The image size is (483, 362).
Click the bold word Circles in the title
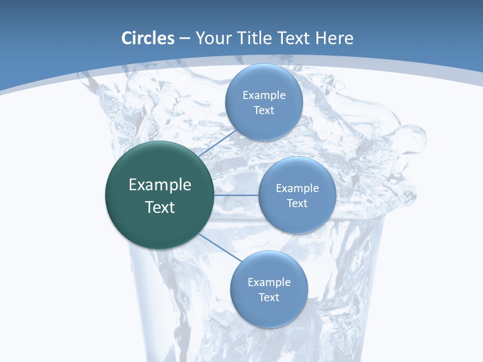coord(148,38)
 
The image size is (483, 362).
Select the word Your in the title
coord(212,38)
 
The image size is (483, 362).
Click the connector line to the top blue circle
coord(217,143)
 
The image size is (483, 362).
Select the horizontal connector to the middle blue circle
coord(236,195)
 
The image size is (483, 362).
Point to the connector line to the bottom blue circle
coord(219,248)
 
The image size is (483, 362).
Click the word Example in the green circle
coord(160,185)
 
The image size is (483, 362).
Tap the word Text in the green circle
coord(160,207)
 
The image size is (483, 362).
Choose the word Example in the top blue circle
coord(264,96)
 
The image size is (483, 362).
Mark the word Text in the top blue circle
coord(264,111)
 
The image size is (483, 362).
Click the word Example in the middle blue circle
coord(297,189)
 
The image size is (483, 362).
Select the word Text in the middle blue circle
coord(297,204)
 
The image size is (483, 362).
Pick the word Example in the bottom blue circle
coord(269,283)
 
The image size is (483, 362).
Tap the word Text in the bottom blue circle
coord(269,298)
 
